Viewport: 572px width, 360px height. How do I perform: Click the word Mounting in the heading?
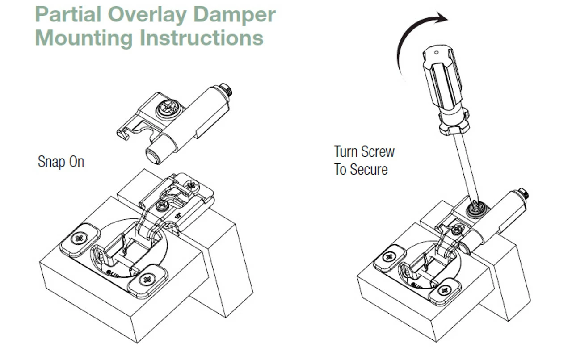84,38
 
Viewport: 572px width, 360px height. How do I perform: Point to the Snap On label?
61,161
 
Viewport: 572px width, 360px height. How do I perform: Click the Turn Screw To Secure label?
364,160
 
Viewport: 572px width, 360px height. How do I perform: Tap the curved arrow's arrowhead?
442,18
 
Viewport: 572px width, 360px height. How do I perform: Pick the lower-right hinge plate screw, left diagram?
146,280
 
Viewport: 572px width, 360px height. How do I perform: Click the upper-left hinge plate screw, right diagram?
389,256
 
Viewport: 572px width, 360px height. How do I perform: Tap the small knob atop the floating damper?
230,91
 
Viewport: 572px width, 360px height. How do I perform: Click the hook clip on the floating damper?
122,133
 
